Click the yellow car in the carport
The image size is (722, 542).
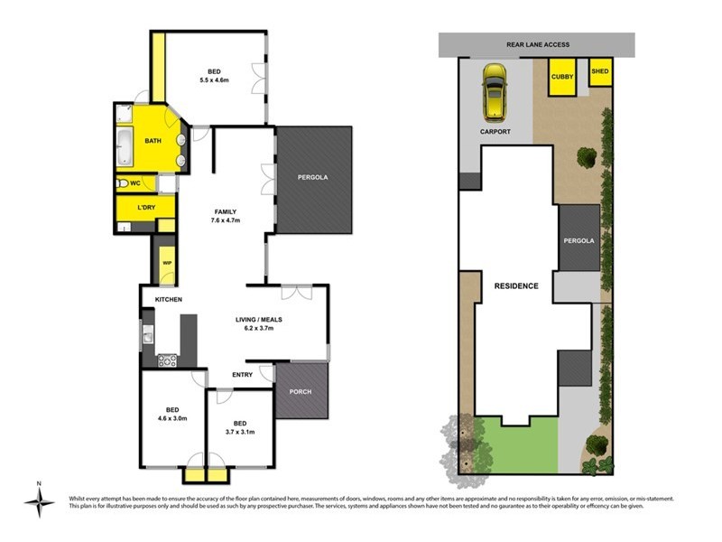pos(494,92)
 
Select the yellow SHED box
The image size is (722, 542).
pos(600,71)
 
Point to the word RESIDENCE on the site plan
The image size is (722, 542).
pos(516,285)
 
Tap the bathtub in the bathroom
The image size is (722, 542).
pos(125,148)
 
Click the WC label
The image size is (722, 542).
pos(134,183)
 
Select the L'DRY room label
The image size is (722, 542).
pos(144,209)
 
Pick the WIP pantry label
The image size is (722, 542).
pos(166,263)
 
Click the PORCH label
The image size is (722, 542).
pos(301,391)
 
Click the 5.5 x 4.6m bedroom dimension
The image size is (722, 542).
pos(215,80)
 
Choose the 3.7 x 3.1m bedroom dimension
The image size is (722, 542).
pos(239,432)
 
